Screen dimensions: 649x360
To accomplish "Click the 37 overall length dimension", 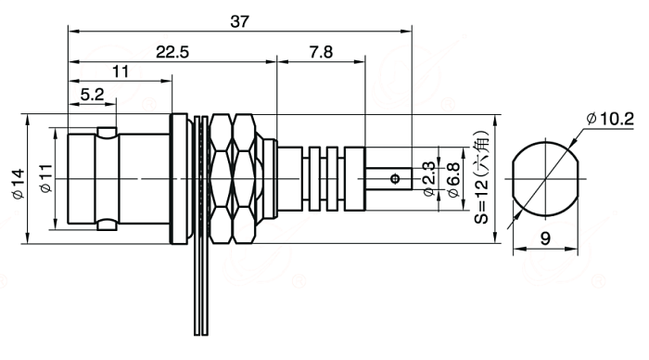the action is [239, 21].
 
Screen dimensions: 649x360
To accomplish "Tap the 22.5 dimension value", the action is [172, 52].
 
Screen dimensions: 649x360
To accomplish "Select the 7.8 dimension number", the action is [321, 52].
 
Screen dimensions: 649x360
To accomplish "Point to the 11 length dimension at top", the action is [121, 71].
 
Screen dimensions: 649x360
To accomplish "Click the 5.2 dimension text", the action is [92, 95].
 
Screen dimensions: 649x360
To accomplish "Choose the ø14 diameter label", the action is [19, 184].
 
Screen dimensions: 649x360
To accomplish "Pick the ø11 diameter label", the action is [45, 178].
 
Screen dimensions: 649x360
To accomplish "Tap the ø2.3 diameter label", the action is [428, 179].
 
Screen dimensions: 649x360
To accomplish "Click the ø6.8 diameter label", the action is [453, 180].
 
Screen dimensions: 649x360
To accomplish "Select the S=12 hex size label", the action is [481, 177].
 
